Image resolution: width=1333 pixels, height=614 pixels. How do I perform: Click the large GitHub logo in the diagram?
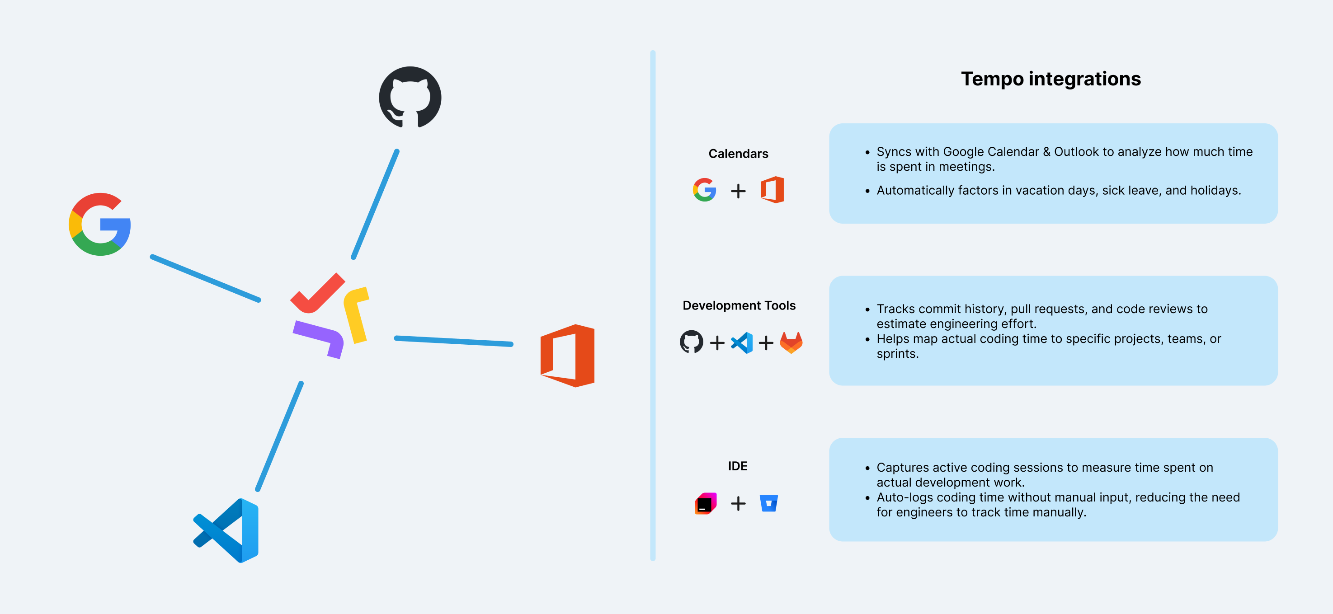(x=410, y=97)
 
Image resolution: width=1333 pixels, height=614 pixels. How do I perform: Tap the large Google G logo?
(x=100, y=224)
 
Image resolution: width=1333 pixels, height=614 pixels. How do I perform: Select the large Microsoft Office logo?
(x=567, y=356)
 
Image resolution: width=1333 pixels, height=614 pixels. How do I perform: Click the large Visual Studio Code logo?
(x=226, y=530)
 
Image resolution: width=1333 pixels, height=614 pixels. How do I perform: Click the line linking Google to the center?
(x=205, y=278)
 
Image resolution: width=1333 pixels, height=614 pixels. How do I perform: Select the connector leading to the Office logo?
(x=453, y=341)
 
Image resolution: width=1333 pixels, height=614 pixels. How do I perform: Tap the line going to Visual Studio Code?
(x=279, y=436)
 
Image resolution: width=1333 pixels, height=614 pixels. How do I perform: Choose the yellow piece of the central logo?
(x=357, y=314)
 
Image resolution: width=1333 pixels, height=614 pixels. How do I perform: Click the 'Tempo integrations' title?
(x=1050, y=79)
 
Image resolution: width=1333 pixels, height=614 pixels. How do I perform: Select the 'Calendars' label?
(x=738, y=154)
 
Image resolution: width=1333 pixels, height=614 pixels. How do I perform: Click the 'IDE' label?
(x=737, y=466)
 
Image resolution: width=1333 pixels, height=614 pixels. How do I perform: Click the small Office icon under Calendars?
(x=772, y=190)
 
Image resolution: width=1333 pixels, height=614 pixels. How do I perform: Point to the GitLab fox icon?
(x=791, y=342)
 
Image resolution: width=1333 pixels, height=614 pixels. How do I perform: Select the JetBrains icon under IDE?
(x=705, y=503)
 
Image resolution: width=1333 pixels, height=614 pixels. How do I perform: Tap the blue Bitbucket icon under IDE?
(x=768, y=503)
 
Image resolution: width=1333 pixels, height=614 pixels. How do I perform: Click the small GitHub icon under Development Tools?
(x=691, y=342)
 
